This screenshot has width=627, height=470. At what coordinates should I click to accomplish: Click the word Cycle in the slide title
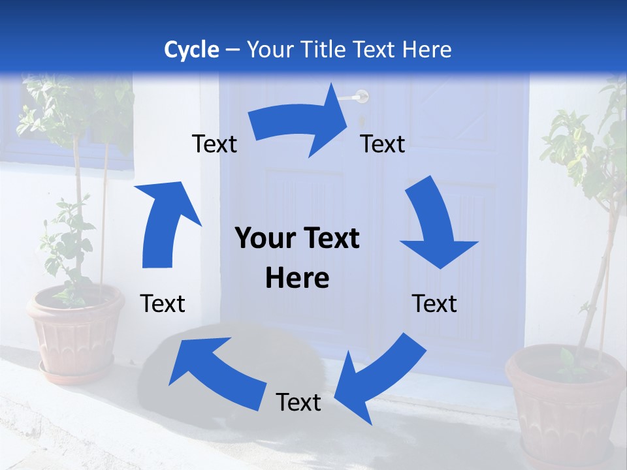pos(191,50)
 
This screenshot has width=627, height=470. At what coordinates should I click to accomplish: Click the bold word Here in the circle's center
pos(297,279)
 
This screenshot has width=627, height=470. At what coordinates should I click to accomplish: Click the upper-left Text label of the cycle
pos(214,144)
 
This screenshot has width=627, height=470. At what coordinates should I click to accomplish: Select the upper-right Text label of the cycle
pos(383,144)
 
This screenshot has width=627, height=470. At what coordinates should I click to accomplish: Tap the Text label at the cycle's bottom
pos(298,403)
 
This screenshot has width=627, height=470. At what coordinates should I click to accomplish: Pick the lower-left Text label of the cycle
pos(163,304)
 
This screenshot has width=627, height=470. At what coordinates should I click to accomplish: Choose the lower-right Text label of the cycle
pos(434,304)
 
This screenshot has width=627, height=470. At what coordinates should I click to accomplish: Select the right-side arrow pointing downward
pos(435,222)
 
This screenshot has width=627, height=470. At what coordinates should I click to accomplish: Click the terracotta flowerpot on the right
pos(565,398)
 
